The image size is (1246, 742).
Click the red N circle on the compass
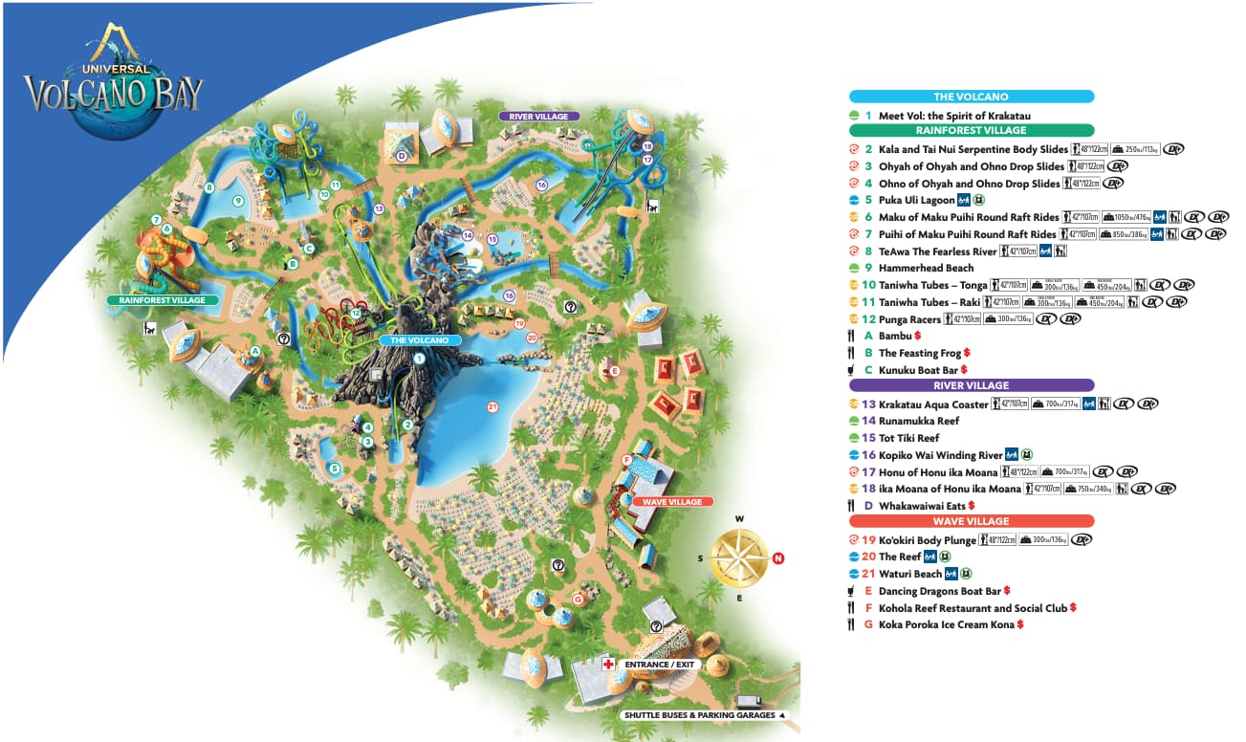778,558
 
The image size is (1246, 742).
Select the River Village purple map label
539,117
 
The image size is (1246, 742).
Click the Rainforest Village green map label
156,300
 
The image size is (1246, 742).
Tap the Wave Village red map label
672,502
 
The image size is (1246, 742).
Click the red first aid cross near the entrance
607,664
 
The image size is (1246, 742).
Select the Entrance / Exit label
659,664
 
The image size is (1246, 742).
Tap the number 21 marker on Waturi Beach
493,406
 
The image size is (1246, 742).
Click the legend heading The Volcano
971,97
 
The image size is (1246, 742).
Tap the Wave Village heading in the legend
971,521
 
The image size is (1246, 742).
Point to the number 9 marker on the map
239,201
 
